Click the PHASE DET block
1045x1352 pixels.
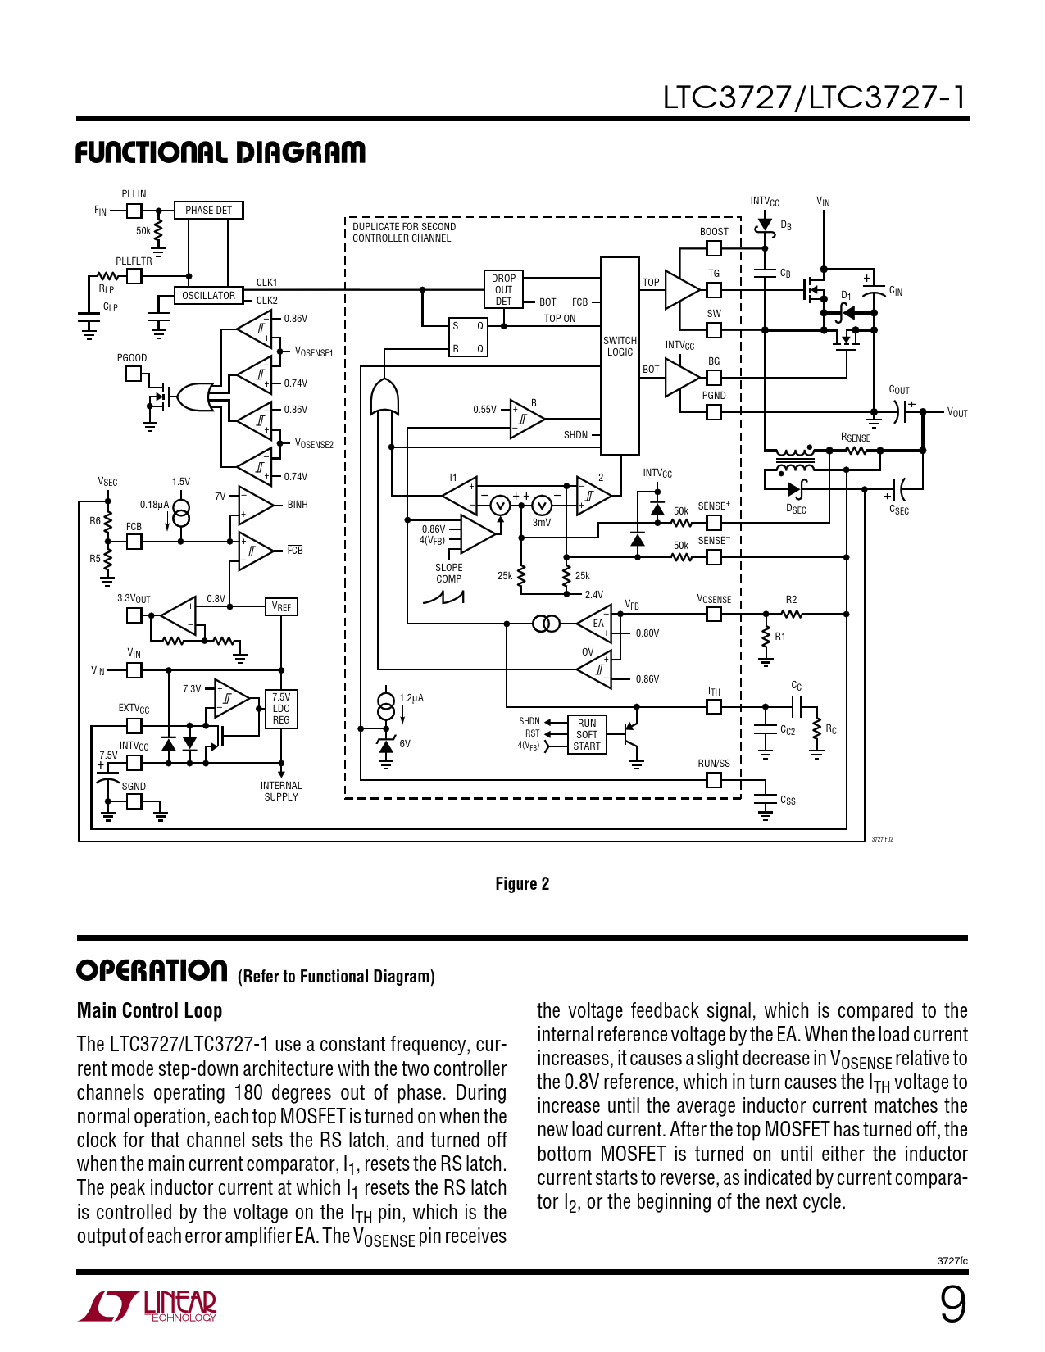pyautogui.click(x=208, y=211)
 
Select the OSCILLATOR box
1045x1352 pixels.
pyautogui.click(x=208, y=296)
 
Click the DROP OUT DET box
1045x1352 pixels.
pyautogui.click(x=503, y=290)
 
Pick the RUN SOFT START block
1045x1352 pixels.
pyautogui.click(x=587, y=735)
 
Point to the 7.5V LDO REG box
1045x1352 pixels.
pyautogui.click(x=281, y=709)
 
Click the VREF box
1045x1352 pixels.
pyautogui.click(x=281, y=607)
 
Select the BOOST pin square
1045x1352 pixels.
pyautogui.click(x=714, y=247)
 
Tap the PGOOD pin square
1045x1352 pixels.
pyautogui.click(x=134, y=374)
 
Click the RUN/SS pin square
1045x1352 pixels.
pyautogui.click(x=714, y=779)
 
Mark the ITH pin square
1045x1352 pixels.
pyautogui.click(x=714, y=706)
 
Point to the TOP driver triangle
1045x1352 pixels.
pyautogui.click(x=681, y=290)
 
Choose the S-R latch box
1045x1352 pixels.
pyautogui.click(x=468, y=338)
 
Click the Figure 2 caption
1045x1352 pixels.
pyautogui.click(x=522, y=884)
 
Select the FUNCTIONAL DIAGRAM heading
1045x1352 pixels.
pyautogui.click(x=220, y=153)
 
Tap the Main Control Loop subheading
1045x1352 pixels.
pyautogui.click(x=150, y=1010)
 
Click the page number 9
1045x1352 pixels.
pyautogui.click(x=952, y=1304)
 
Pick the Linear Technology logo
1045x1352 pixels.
pyautogui.click(x=148, y=1306)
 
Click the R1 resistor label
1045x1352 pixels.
pyautogui.click(x=780, y=637)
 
